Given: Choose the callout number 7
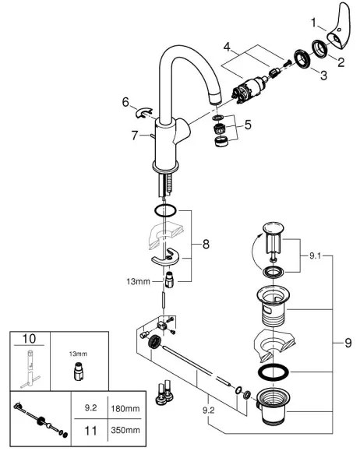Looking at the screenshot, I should (136, 136).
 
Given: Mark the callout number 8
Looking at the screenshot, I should (206, 244).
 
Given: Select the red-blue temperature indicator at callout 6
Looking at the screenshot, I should (144, 113).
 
